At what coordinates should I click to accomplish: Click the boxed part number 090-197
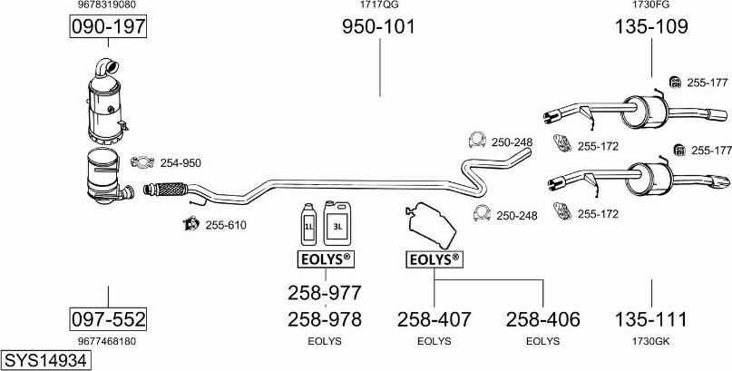[x=108, y=27]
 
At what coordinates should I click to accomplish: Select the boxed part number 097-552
[x=108, y=319]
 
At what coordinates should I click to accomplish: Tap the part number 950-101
[x=378, y=27]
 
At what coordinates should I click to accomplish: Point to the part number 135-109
[x=651, y=27]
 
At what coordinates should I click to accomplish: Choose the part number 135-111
[x=651, y=319]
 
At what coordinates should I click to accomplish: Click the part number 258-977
[x=325, y=293]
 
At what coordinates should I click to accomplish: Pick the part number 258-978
[x=325, y=319]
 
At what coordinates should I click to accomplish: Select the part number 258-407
[x=434, y=319]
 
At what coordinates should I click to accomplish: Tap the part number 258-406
[x=542, y=319]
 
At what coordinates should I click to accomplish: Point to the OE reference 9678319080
[x=108, y=5]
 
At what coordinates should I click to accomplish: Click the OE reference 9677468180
[x=108, y=341]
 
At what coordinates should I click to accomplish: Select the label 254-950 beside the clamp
[x=181, y=163]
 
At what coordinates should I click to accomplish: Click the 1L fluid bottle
[x=308, y=222]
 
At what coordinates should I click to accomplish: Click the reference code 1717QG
[x=378, y=5]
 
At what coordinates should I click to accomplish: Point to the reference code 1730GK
[x=651, y=341]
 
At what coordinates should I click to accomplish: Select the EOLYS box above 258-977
[x=325, y=260]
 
